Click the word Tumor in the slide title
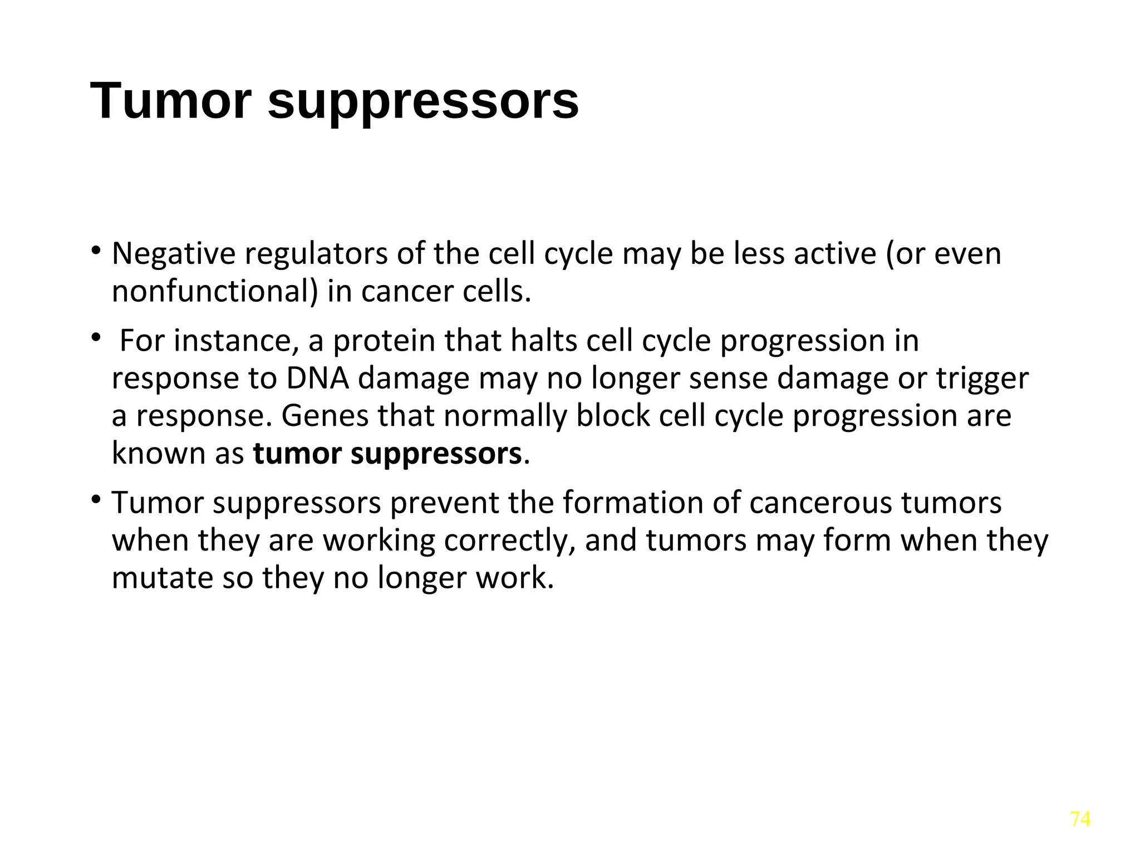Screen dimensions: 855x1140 tap(170, 101)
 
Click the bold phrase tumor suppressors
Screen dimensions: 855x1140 tap(387, 454)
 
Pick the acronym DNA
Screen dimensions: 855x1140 tap(317, 379)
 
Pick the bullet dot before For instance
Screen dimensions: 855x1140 tap(96, 337)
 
